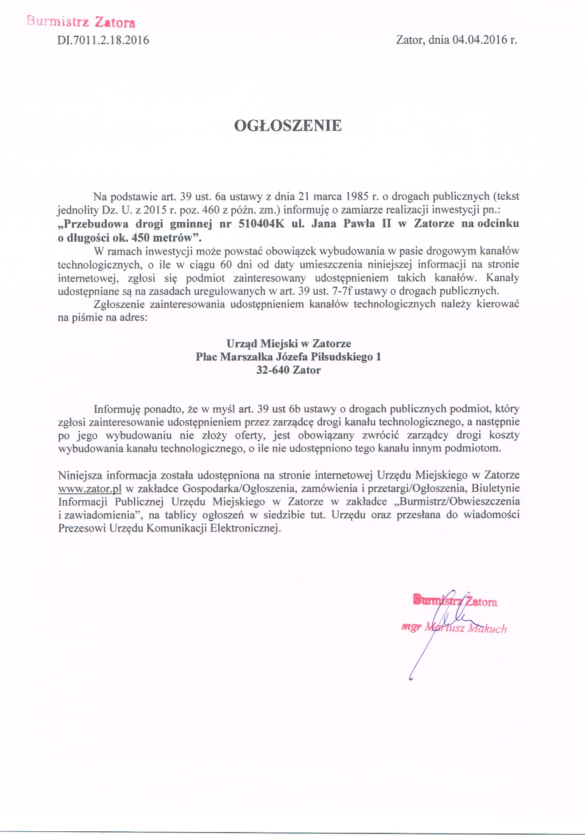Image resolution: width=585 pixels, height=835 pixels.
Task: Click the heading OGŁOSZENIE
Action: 288,126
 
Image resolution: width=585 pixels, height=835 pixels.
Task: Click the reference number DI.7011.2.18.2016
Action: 103,40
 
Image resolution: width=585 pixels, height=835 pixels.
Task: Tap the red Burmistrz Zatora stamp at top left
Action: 81,22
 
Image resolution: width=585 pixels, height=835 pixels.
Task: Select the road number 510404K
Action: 261,223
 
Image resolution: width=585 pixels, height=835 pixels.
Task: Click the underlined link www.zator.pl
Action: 90,488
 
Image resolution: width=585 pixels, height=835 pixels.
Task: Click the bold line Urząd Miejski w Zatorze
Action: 288,343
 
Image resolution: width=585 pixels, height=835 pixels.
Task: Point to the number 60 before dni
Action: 226,264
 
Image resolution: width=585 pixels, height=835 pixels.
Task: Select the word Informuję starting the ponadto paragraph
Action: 117,409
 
